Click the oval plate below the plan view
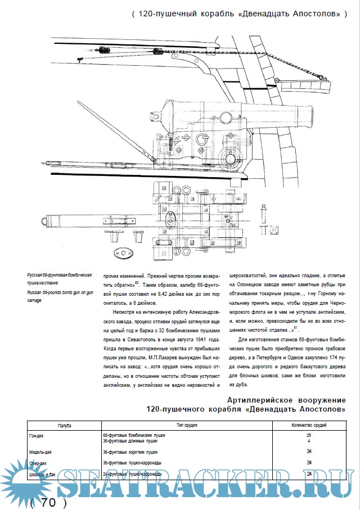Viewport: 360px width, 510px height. point(120,251)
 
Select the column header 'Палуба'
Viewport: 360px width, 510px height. point(65,426)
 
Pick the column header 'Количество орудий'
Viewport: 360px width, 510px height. point(309,426)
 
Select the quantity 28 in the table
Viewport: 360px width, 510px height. point(309,436)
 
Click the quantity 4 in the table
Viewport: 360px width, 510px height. point(309,441)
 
